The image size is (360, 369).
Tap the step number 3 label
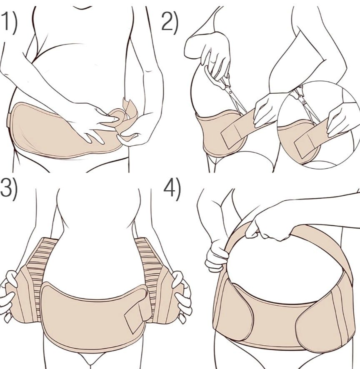coord(8,189)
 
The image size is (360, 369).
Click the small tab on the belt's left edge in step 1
coord(8,120)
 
